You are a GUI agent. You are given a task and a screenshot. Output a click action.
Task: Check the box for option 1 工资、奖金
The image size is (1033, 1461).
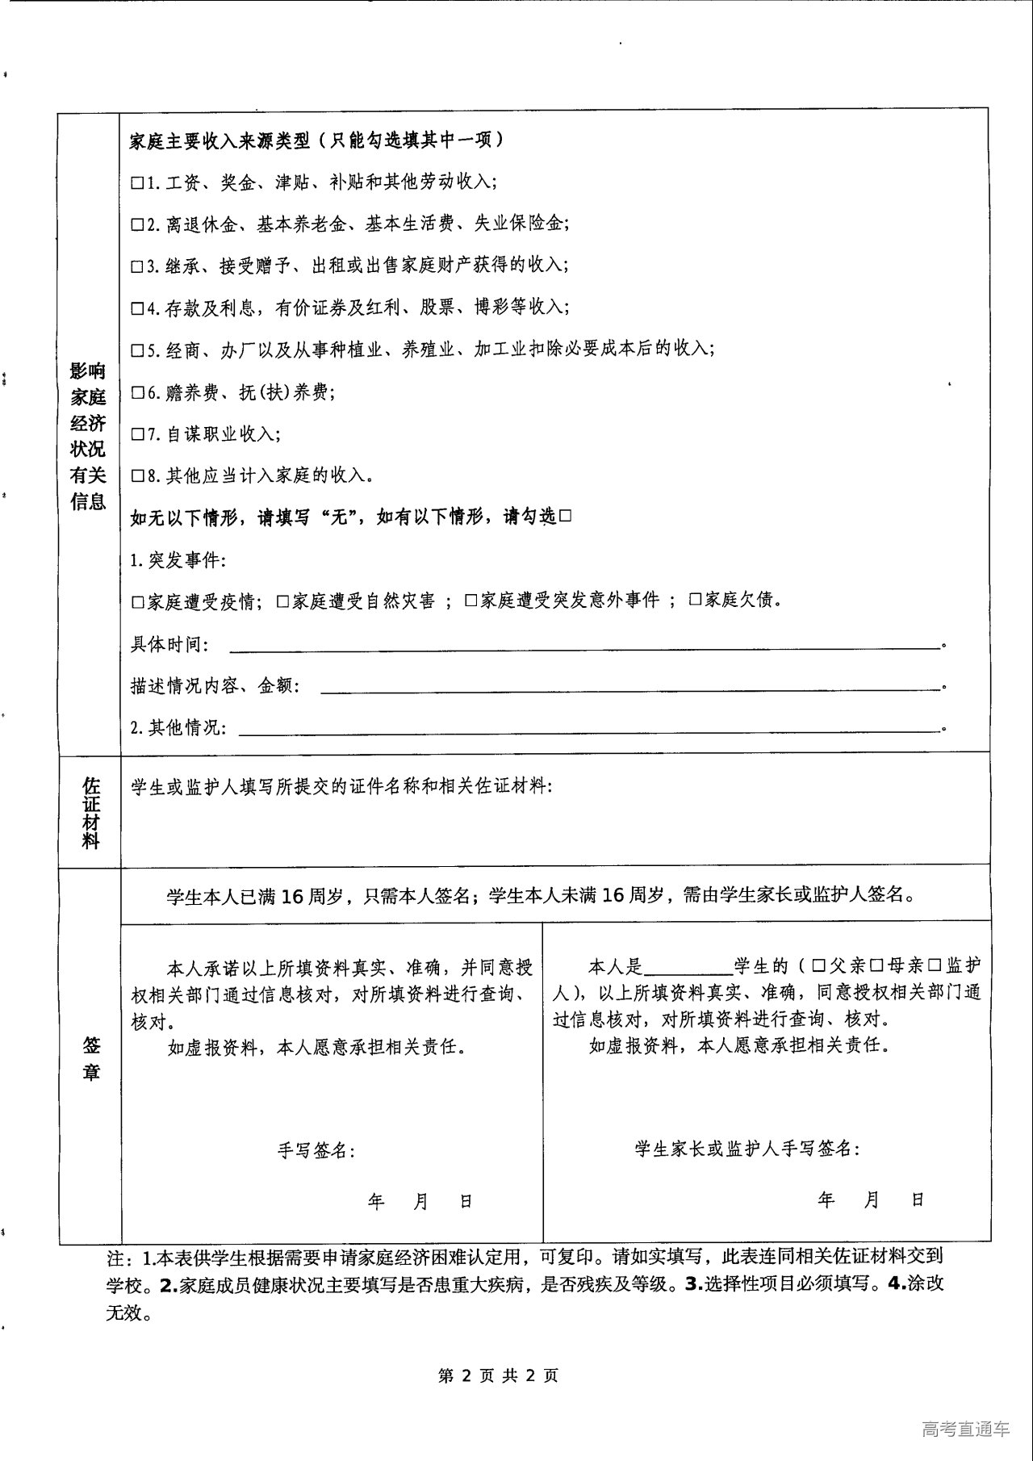click(136, 183)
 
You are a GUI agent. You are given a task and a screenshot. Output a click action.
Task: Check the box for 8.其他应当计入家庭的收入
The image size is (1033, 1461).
click(136, 476)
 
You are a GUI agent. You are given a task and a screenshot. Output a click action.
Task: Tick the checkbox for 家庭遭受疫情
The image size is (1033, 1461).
click(136, 602)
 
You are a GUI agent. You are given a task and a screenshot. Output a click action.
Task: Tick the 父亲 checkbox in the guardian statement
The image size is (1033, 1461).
click(818, 966)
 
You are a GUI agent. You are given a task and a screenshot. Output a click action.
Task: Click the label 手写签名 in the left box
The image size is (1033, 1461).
click(316, 1150)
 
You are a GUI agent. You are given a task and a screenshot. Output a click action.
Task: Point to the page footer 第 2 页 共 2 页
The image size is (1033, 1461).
click(498, 1375)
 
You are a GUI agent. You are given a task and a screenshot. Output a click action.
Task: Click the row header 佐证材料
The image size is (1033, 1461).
click(90, 812)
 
